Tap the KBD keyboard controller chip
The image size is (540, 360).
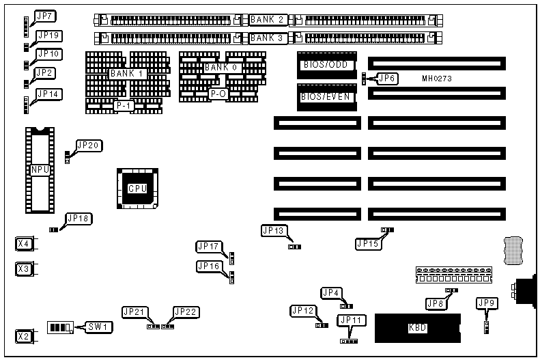click(x=417, y=327)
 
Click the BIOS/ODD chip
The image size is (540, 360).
click(x=326, y=65)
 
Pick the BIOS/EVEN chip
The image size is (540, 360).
click(x=326, y=97)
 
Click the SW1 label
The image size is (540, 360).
click(x=95, y=327)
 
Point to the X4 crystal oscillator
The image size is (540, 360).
click(x=24, y=243)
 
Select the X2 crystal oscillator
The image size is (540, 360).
click(x=24, y=336)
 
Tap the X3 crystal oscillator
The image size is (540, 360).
click(x=24, y=268)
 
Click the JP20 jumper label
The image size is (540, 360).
click(x=89, y=145)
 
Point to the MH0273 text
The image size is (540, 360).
click(x=436, y=79)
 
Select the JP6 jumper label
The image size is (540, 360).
click(x=387, y=78)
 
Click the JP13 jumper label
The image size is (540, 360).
click(x=274, y=231)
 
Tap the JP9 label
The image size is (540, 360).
click(x=487, y=303)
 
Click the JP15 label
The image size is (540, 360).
click(x=367, y=242)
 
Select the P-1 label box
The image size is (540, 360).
click(x=124, y=106)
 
